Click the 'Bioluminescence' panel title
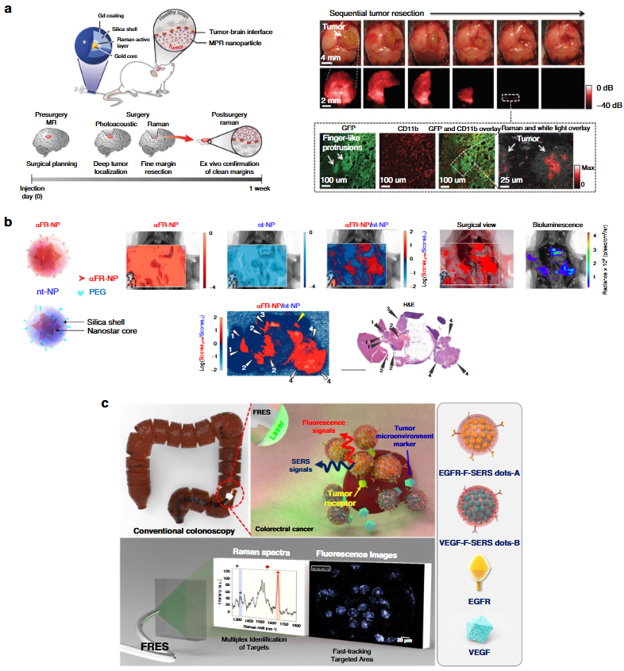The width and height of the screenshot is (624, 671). pyautogui.click(x=559, y=224)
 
